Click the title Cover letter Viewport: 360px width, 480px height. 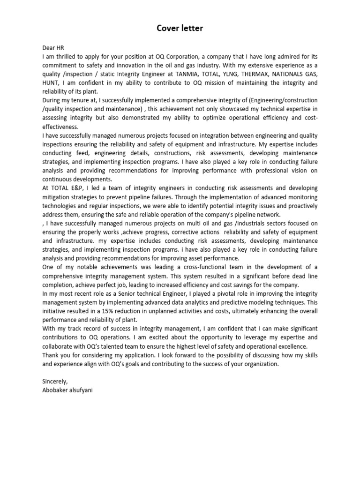(180, 29)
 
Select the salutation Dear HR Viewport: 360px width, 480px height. (52, 47)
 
